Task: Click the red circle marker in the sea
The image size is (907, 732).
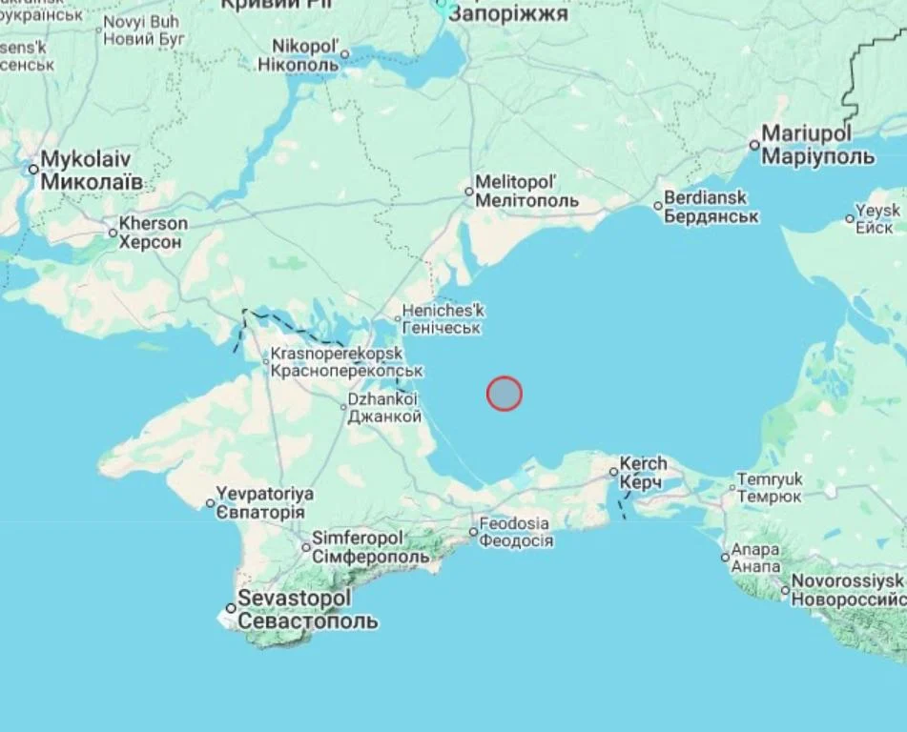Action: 505,394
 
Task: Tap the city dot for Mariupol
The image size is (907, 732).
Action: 754,145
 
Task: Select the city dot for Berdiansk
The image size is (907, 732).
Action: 658,206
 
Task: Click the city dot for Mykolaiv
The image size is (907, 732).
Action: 33,170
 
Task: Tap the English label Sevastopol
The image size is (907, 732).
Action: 294,599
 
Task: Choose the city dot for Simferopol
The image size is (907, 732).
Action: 306,547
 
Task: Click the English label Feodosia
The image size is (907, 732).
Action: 514,523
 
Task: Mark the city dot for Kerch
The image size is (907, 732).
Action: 614,471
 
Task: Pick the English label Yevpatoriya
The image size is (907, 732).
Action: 265,495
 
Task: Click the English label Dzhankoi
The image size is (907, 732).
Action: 382,401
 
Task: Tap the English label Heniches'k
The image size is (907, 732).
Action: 443,311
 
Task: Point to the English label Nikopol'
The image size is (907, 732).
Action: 305,47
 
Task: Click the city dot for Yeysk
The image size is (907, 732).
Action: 850,218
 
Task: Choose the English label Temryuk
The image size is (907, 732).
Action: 770,480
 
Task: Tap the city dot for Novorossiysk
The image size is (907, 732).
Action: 785,590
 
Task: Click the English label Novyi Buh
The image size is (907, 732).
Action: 140,22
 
